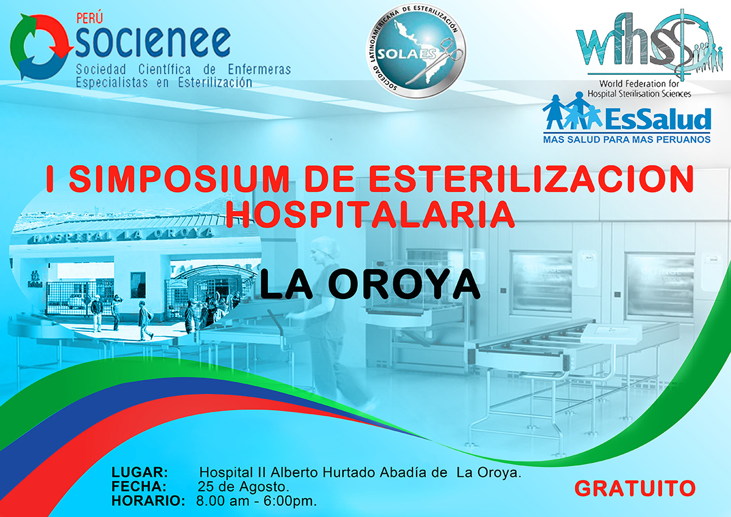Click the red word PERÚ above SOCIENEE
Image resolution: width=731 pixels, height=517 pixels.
click(90, 18)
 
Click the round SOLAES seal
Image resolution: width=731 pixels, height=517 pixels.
click(415, 52)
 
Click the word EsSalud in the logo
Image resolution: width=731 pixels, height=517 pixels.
click(658, 119)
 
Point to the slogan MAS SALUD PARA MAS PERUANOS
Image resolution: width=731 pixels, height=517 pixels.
click(627, 139)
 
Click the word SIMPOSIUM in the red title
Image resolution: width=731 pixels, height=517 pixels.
click(179, 179)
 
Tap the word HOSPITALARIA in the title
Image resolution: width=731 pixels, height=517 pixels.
click(370, 214)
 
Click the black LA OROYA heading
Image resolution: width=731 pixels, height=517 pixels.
click(370, 284)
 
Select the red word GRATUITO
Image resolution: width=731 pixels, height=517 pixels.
click(635, 488)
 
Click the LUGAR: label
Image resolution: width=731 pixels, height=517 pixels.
click(139, 472)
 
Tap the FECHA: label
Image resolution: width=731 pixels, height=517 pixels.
click(139, 487)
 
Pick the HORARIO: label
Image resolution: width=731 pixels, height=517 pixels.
click(149, 501)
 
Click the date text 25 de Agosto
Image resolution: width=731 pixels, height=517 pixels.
click(244, 487)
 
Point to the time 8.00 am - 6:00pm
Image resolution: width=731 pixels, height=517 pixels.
click(256, 501)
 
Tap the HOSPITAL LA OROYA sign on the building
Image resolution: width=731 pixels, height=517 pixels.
click(121, 235)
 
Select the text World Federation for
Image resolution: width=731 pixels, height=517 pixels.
click(639, 84)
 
